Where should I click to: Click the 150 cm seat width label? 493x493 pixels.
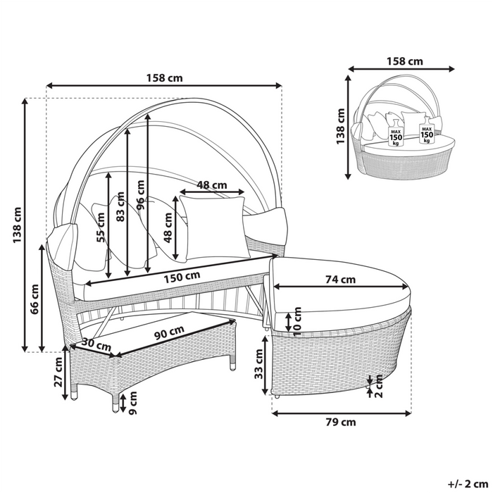[182, 277]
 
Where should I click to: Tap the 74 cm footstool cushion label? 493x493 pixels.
[340, 279]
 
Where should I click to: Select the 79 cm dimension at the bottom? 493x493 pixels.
[340, 422]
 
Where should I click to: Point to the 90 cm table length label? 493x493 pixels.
[170, 332]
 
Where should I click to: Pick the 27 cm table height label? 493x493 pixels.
[58, 373]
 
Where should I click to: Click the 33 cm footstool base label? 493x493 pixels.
[258, 364]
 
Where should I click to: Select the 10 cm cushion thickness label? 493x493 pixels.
[297, 322]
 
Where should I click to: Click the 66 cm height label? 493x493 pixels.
[35, 299]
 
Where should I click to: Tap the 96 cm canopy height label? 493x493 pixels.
[141, 195]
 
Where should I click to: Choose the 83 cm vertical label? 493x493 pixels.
[120, 206]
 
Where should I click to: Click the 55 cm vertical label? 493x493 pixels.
[100, 227]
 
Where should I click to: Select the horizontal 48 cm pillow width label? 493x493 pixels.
[212, 185]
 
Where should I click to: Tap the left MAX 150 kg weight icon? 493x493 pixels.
[396, 134]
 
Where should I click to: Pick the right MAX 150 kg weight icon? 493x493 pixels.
[427, 130]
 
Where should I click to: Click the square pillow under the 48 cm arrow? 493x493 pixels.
[215, 227]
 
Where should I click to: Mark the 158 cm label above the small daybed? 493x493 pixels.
[405, 61]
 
